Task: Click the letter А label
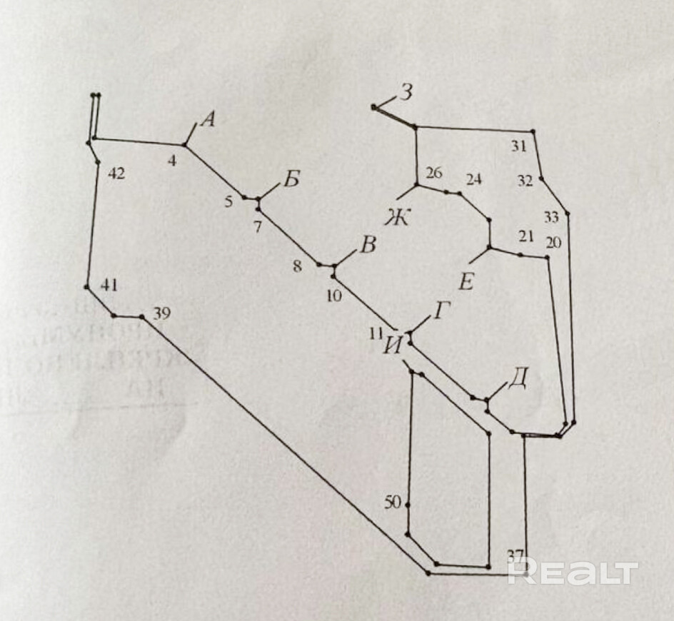(208, 120)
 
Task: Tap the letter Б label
(291, 178)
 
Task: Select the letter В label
(367, 246)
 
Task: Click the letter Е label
(466, 283)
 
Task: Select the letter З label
(406, 93)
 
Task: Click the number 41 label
(109, 285)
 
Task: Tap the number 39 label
(161, 314)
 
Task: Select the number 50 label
(393, 503)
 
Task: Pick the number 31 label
(519, 147)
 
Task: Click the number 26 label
(433, 173)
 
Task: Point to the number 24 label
(474, 179)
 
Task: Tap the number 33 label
(551, 218)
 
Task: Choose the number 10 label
(334, 295)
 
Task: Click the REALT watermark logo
(572, 572)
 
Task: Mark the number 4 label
(172, 161)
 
